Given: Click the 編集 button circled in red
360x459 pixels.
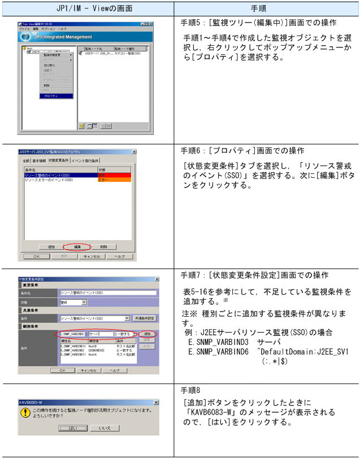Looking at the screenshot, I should (x=77, y=247).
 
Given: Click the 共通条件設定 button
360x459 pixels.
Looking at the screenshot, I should (x=144, y=318).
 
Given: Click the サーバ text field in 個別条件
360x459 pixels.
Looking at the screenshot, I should (x=99, y=334).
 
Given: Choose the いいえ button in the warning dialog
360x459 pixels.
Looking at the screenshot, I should (x=105, y=429).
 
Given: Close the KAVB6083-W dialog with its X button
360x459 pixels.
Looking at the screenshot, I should (x=156, y=402).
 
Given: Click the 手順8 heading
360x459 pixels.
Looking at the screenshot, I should (x=190, y=390).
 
